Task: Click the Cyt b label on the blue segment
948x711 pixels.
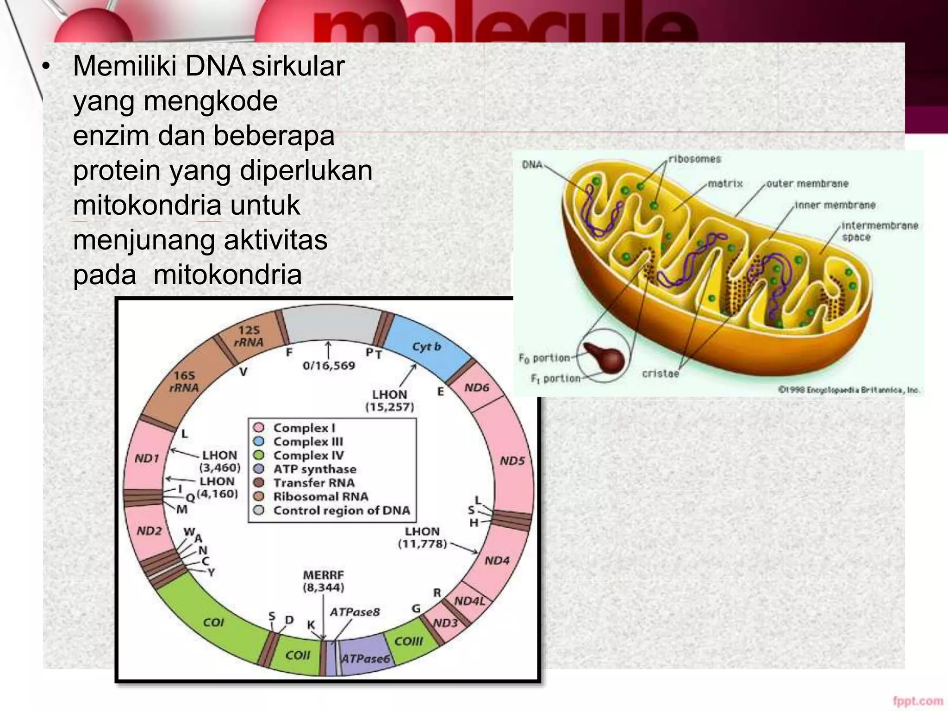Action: pyautogui.click(x=426, y=347)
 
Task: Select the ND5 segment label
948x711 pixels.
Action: pyautogui.click(x=512, y=461)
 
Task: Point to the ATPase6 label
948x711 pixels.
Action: pyautogui.click(x=365, y=658)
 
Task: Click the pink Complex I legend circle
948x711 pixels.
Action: pyautogui.click(x=259, y=427)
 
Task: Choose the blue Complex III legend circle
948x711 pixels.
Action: pyautogui.click(x=259, y=441)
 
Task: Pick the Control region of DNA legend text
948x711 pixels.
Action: pyautogui.click(x=342, y=510)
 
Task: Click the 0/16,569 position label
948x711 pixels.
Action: pyautogui.click(x=329, y=366)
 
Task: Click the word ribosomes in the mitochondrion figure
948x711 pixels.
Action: pyautogui.click(x=695, y=159)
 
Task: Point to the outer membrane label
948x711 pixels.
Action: pyautogui.click(x=807, y=183)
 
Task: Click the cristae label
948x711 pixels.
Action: pyautogui.click(x=661, y=373)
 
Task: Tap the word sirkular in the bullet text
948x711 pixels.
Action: pyautogui.click(x=299, y=66)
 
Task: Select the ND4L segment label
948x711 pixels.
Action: pyautogui.click(x=469, y=601)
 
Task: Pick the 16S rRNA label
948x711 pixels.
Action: pyautogui.click(x=184, y=381)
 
